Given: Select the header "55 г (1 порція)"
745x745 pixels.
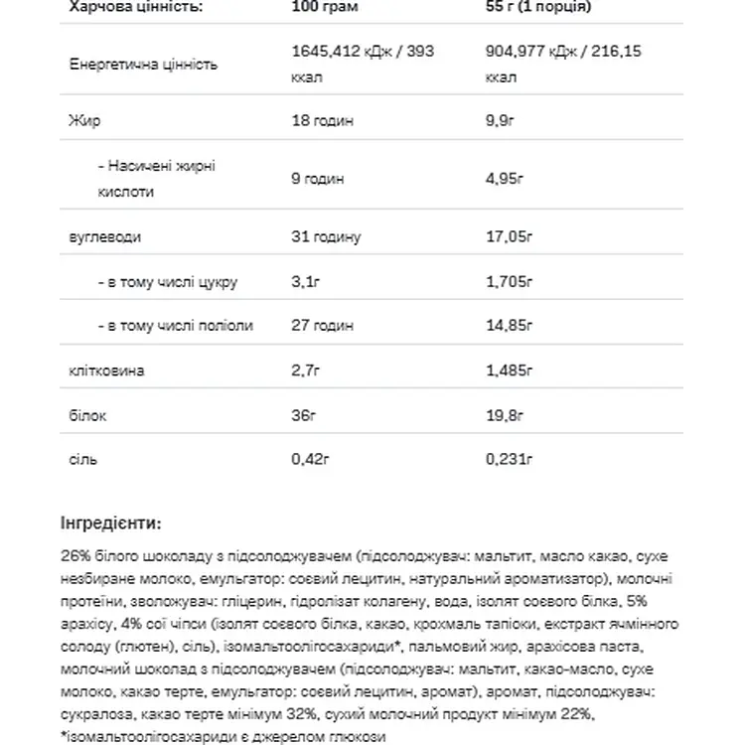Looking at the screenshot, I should tap(539, 6).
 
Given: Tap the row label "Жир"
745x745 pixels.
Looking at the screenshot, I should tap(78, 121).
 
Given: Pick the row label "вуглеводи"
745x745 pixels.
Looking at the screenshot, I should tap(104, 238).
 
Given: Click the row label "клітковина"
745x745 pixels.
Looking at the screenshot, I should tap(106, 371).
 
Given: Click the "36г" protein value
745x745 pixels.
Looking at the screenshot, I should tap(303, 415).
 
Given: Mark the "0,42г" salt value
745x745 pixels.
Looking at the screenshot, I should tap(310, 460).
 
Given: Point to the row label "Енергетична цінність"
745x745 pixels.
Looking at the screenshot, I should tap(144, 64).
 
